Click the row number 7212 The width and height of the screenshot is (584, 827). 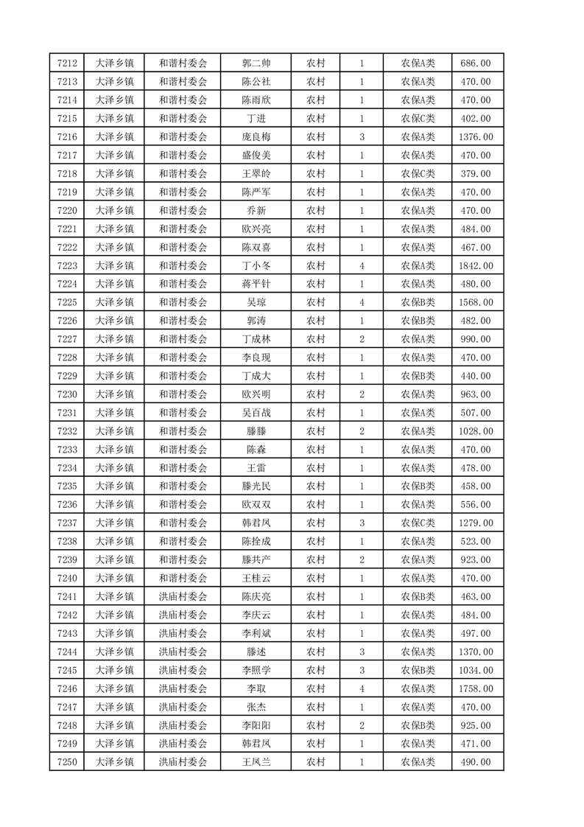(x=66, y=63)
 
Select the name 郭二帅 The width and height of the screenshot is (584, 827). (x=256, y=63)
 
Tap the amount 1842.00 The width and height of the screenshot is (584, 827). (x=475, y=265)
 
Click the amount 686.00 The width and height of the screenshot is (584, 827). (x=475, y=63)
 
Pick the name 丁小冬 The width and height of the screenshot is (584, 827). (x=256, y=265)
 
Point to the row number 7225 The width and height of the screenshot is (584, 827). (x=66, y=302)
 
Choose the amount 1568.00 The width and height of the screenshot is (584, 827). (x=475, y=302)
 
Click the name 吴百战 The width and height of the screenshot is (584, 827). (x=256, y=413)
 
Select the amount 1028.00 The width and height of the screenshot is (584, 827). (x=475, y=431)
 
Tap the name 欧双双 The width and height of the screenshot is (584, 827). (x=256, y=505)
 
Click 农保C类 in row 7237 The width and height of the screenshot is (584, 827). (x=418, y=523)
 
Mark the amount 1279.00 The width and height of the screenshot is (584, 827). (x=475, y=523)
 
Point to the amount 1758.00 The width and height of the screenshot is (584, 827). (x=475, y=688)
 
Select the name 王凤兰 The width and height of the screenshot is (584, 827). (x=256, y=762)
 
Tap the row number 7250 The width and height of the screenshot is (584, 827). (x=66, y=762)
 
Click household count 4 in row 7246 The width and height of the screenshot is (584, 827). (x=362, y=688)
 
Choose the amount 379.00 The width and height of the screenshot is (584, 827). (x=475, y=173)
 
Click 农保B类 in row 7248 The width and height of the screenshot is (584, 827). (x=418, y=725)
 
